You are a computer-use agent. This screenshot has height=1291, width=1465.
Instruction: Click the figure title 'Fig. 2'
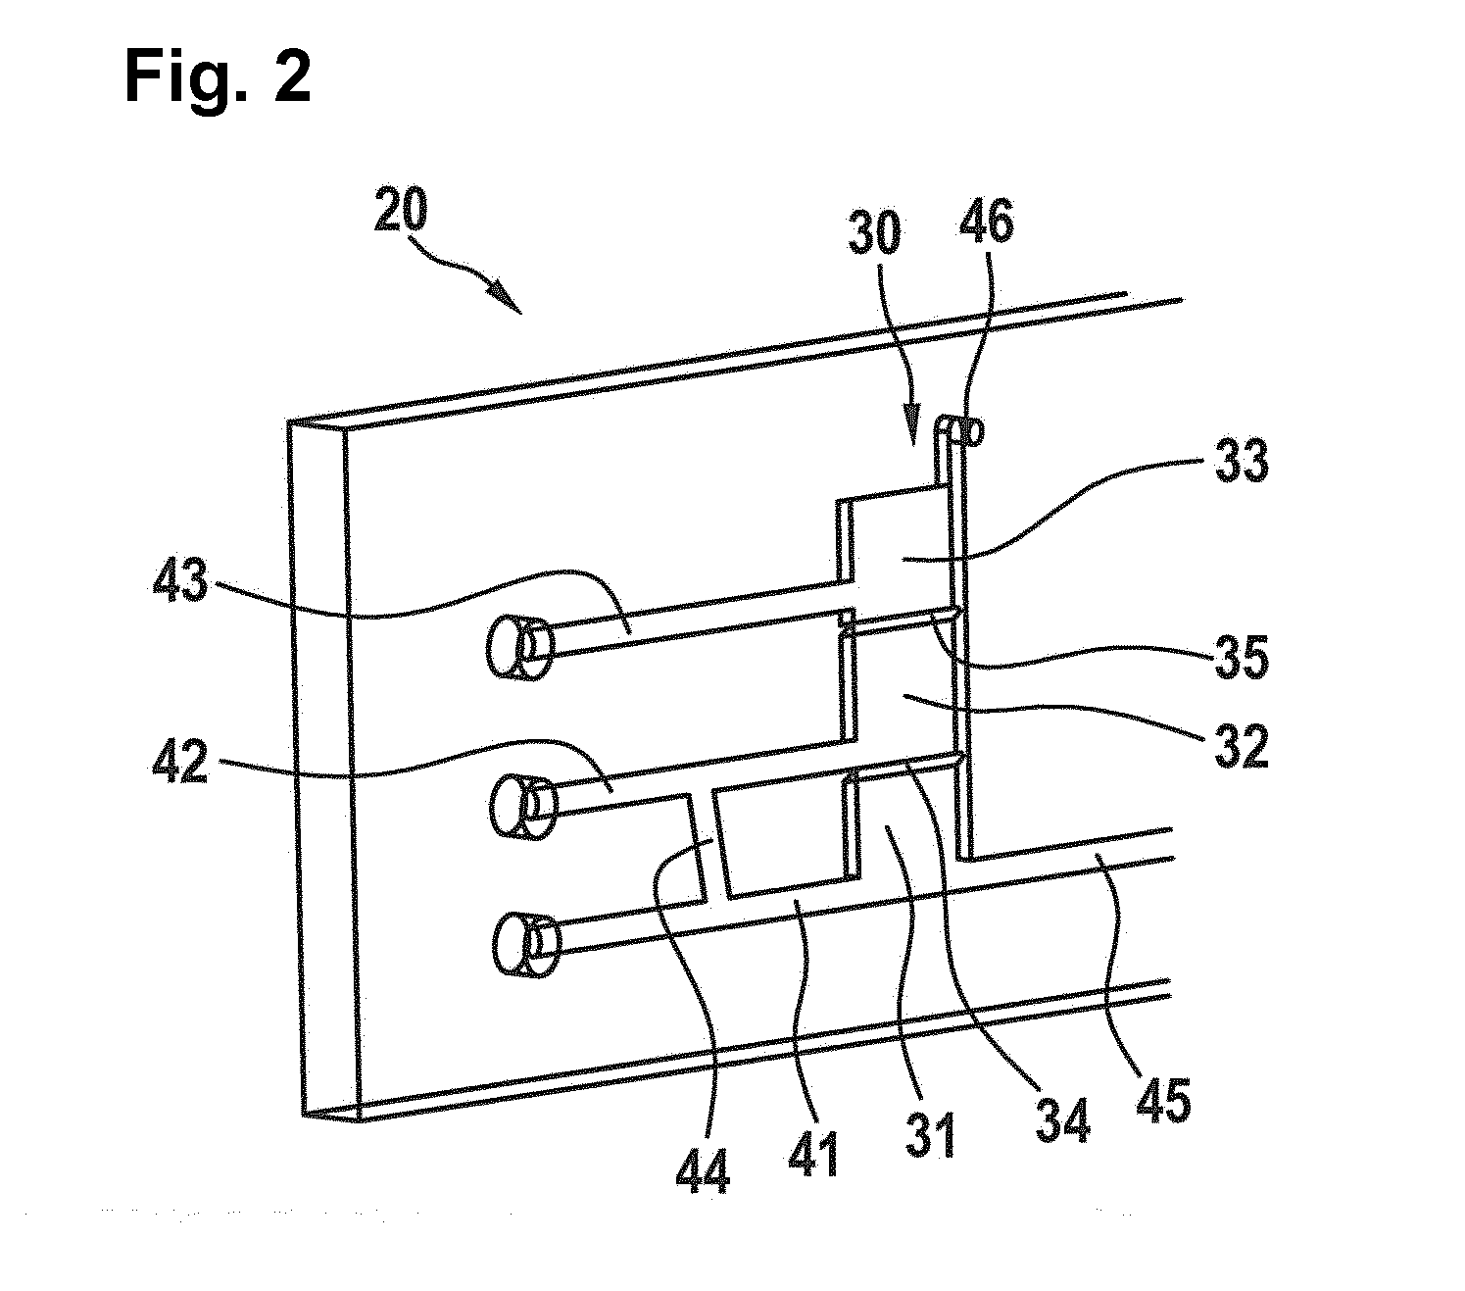pos(218,78)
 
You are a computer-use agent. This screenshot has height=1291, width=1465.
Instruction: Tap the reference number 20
pos(401,209)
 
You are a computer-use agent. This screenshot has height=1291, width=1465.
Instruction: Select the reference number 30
pos(874,232)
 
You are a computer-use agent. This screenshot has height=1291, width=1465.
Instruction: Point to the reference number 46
pos(986,221)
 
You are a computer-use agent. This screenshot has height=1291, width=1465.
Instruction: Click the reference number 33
pos(1242,462)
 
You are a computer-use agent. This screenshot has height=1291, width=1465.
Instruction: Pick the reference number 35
pos(1242,656)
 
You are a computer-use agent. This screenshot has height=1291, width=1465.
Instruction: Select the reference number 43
pos(180,580)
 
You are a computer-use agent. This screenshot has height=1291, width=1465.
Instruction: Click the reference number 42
pos(180,763)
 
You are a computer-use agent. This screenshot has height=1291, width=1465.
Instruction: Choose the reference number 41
pos(812,1155)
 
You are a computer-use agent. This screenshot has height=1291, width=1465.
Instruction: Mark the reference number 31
pos(931,1136)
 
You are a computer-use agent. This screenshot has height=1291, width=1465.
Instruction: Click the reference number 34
pos(1063,1120)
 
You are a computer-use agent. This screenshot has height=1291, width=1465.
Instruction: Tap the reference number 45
pos(1164,1100)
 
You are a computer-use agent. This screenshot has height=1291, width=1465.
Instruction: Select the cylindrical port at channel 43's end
pos(520,647)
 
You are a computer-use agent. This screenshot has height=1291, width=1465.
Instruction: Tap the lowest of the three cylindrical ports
pos(527,945)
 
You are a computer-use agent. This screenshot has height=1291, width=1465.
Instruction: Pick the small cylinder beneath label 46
pos(970,431)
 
